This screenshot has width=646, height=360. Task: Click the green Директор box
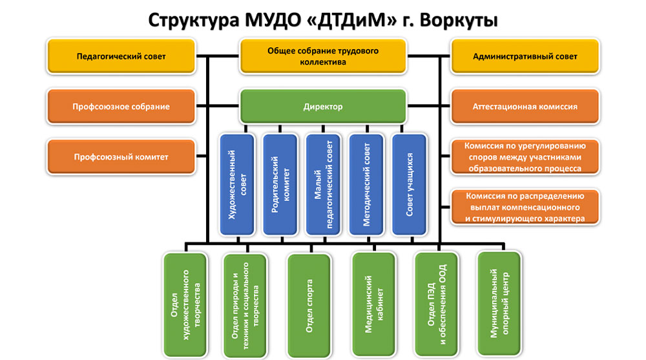tap(323, 107)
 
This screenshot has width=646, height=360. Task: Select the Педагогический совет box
tap(121, 56)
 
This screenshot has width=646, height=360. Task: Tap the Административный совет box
tap(525, 56)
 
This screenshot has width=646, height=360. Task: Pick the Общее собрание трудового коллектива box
tap(323, 56)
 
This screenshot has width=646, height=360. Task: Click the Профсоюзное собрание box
tap(121, 107)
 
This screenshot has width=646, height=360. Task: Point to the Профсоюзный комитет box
tap(121, 157)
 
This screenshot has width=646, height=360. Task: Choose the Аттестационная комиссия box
tap(525, 107)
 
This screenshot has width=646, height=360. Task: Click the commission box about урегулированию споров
tap(525, 157)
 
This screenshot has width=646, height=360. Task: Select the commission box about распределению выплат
tap(525, 207)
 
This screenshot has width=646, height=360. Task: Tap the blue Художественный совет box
tap(238, 184)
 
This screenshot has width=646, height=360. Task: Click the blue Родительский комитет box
tap(280, 184)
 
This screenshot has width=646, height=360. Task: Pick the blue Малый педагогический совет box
tap(323, 184)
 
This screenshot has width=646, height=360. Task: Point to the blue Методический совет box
tap(366, 184)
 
